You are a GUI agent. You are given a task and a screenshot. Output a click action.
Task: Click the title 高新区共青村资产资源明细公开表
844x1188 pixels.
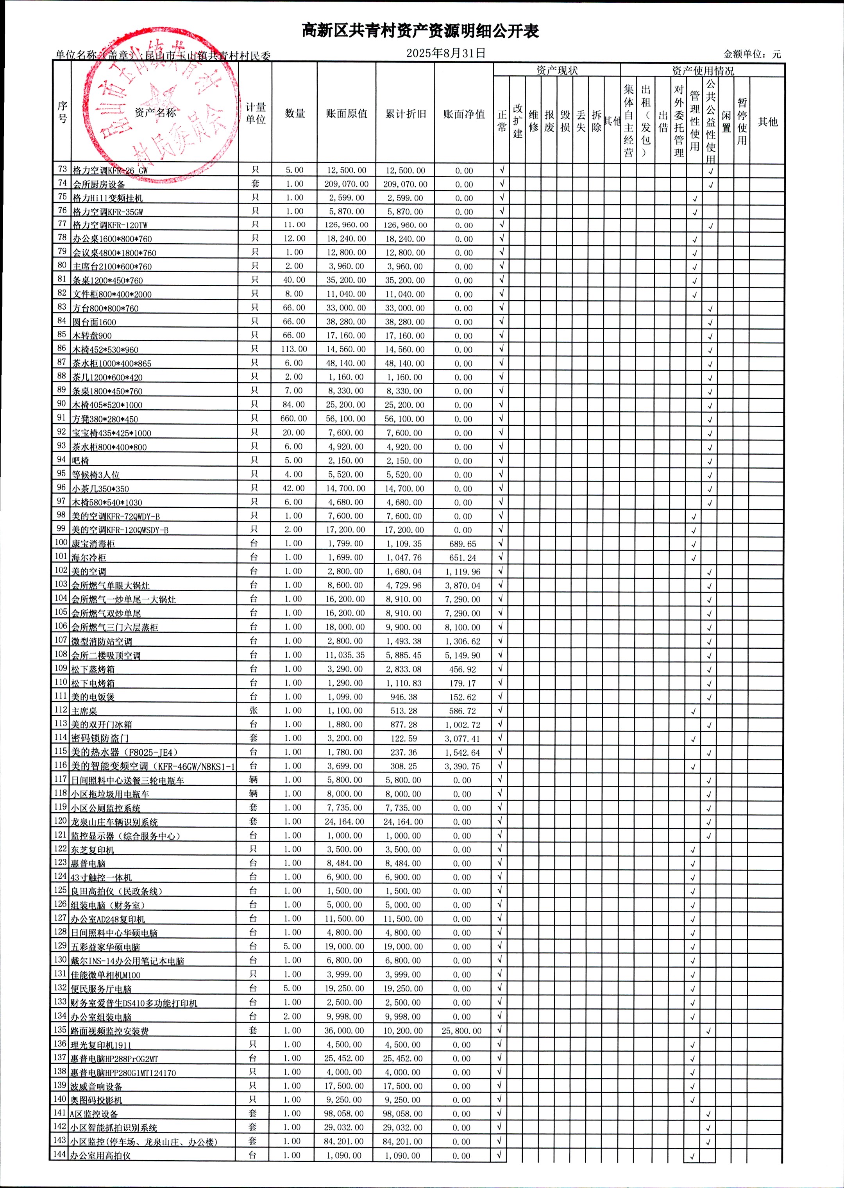coord(420,31)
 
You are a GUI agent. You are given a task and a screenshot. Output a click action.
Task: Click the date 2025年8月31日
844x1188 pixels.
coord(445,53)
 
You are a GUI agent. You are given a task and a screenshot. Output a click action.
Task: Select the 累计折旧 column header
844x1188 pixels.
coord(405,114)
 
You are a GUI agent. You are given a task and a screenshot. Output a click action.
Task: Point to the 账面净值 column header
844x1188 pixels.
coord(463,114)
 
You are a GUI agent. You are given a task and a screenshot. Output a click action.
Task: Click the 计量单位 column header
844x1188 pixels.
coord(255,113)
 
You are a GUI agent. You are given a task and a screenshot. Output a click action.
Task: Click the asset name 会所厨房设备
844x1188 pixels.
coord(99,184)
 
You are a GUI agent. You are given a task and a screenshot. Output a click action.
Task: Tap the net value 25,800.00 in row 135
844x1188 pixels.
coord(461,1031)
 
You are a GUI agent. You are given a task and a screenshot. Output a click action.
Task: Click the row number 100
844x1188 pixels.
coord(61,542)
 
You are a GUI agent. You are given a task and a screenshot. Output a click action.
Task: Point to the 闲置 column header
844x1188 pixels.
coord(726,121)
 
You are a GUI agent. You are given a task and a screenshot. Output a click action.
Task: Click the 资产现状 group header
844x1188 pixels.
coord(556,70)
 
